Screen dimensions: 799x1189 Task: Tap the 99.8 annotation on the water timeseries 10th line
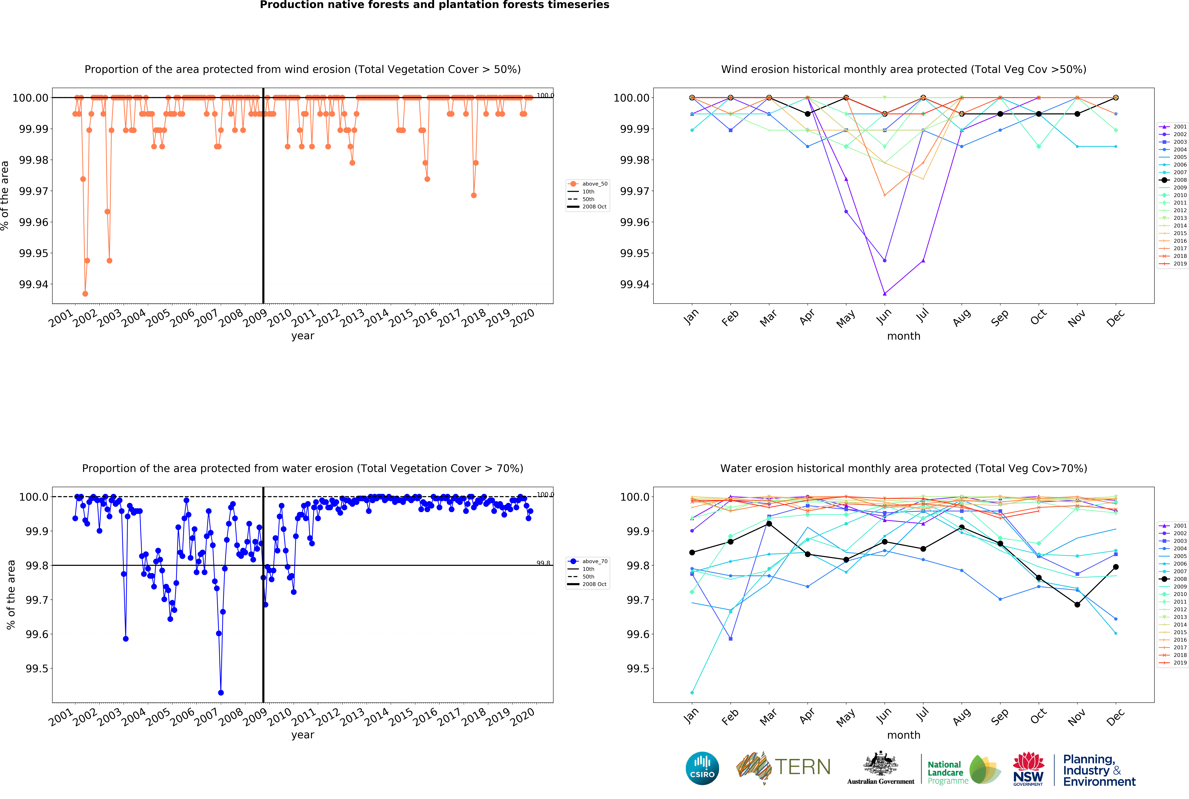point(543,563)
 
